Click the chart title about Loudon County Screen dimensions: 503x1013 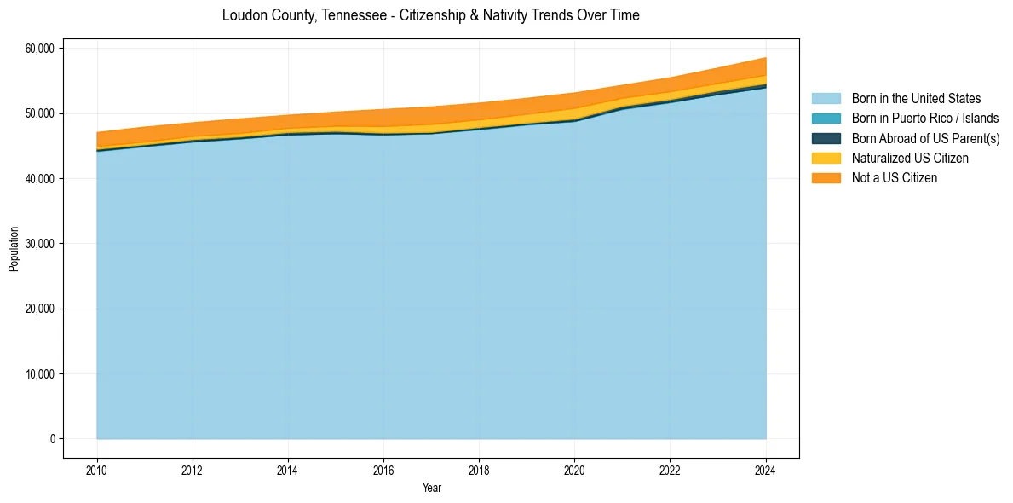[x=430, y=15]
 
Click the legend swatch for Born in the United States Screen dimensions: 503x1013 [x=826, y=99]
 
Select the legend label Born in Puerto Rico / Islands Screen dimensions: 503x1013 [x=925, y=119]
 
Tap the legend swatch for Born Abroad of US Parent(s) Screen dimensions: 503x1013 [x=826, y=138]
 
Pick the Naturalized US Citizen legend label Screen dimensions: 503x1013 [x=910, y=159]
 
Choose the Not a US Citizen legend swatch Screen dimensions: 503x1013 [x=826, y=178]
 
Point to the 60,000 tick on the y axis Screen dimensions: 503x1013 [x=41, y=49]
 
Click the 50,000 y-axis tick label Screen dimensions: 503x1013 [x=41, y=113]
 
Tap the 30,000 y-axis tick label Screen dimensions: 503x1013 [x=41, y=244]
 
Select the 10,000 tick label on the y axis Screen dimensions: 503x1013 [x=41, y=374]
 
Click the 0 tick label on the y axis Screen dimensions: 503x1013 [x=52, y=439]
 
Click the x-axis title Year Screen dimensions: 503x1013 [x=432, y=488]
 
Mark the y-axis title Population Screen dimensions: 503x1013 [x=14, y=249]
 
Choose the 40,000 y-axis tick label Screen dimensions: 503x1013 [x=41, y=179]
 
